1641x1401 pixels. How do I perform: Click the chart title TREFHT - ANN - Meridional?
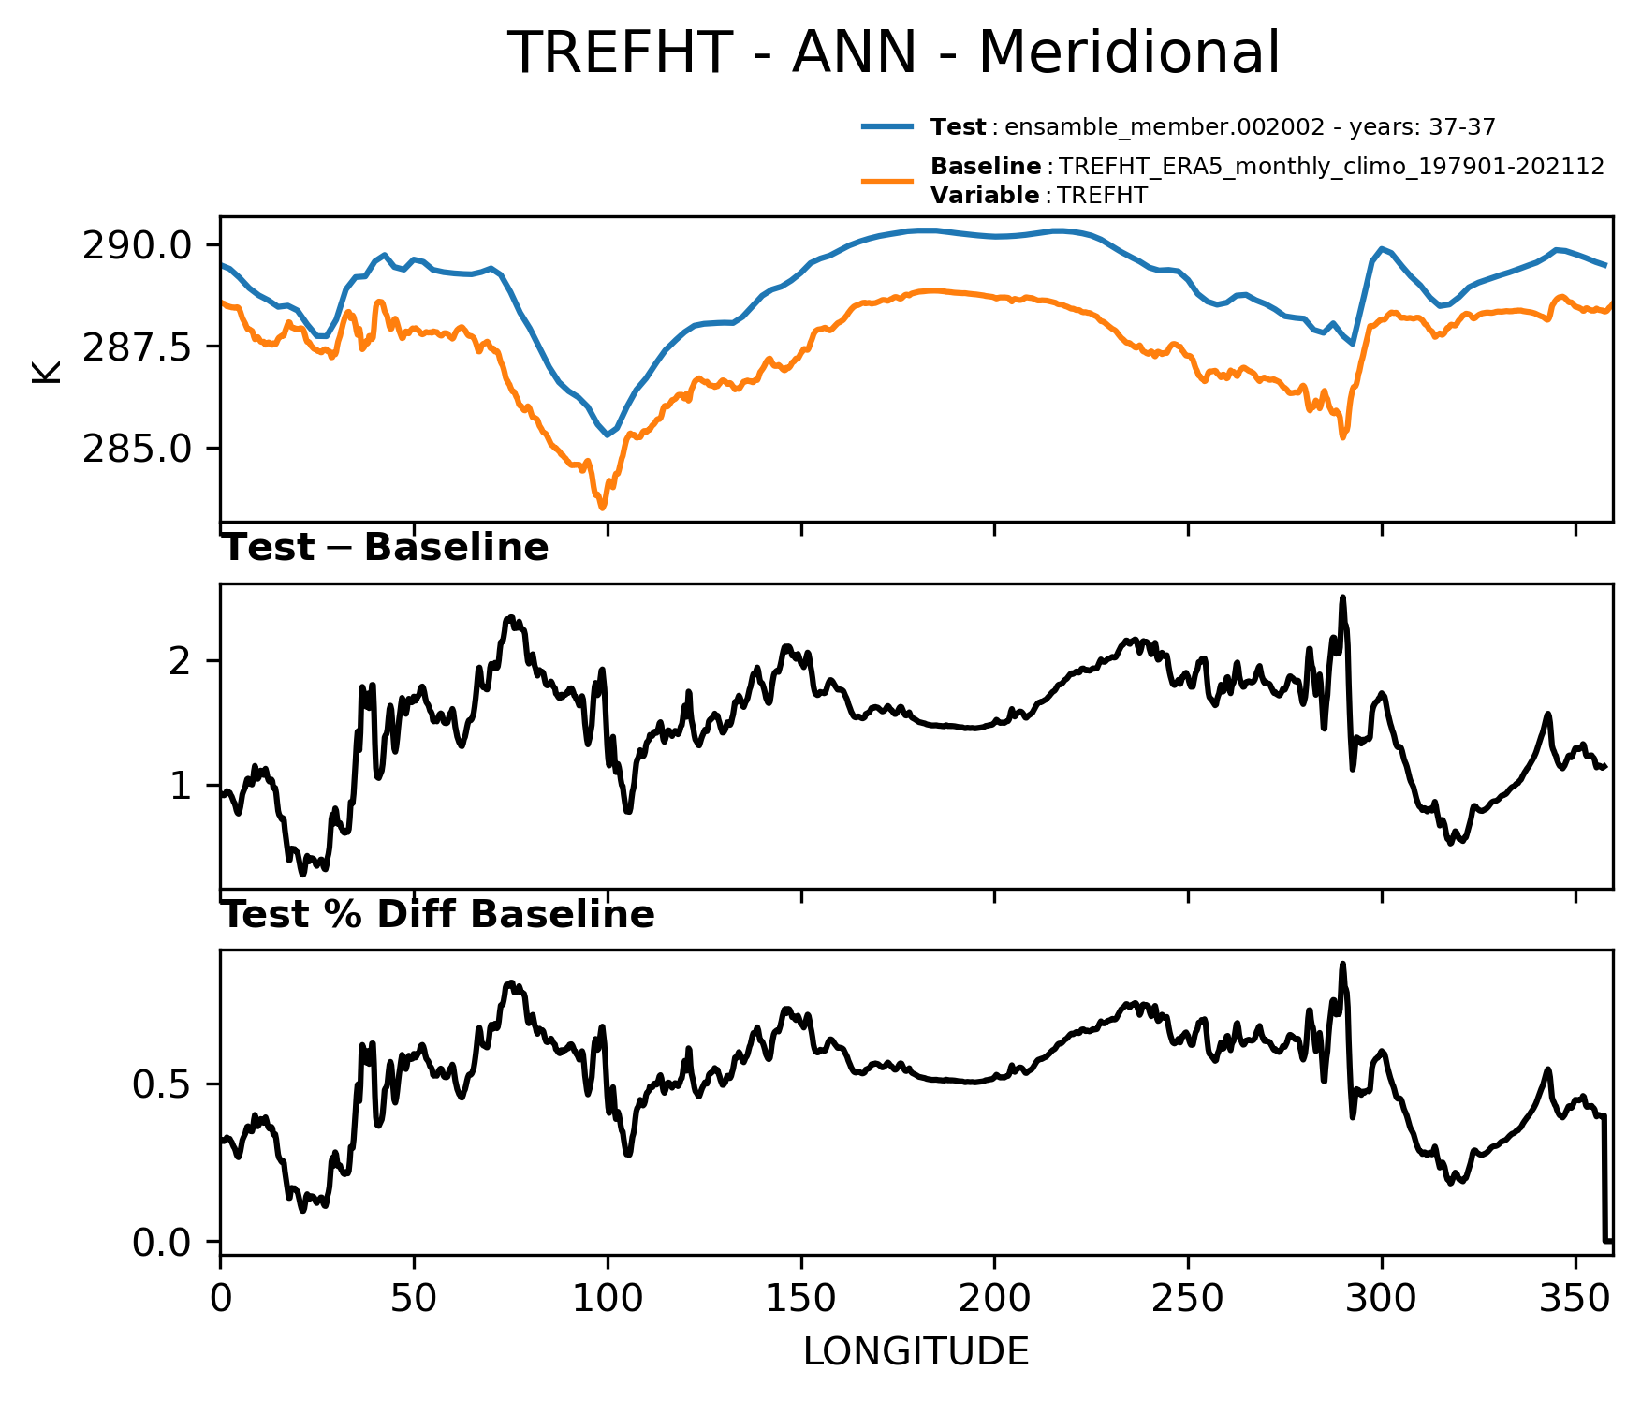893,52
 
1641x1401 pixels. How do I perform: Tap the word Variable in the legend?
984,196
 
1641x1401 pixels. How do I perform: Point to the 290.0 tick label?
138,246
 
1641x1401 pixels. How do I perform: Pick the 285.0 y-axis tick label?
138,450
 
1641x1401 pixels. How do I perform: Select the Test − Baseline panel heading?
385,548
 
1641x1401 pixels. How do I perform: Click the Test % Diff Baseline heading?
438,915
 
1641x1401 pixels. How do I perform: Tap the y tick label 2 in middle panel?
181,661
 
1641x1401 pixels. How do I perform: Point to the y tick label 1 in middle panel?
181,786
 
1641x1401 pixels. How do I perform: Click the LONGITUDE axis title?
916,1351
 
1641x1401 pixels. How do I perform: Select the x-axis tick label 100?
608,1299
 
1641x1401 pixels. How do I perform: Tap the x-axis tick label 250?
1188,1299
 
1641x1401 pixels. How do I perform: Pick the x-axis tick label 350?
1575,1299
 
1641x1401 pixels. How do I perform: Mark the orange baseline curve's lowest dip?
602,508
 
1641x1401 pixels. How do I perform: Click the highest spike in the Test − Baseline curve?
1342,597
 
